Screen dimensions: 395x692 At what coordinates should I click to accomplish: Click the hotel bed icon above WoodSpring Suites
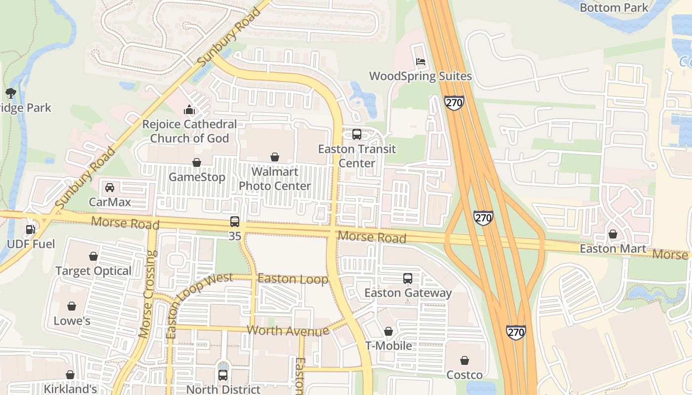tap(420, 62)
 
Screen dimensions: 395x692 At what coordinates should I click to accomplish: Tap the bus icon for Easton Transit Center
tap(356, 134)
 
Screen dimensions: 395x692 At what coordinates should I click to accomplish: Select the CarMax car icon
tap(110, 187)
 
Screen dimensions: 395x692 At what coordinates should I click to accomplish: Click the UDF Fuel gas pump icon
tap(30, 230)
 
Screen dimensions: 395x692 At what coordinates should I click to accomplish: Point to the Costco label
tap(464, 375)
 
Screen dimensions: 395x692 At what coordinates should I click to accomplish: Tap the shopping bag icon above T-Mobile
tap(389, 331)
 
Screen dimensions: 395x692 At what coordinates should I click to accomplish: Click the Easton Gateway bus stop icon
tap(407, 278)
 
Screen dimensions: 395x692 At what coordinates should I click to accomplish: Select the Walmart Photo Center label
tap(275, 179)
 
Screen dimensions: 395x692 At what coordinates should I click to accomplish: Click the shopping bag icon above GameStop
tap(197, 162)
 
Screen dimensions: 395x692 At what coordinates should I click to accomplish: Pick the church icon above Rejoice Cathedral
tap(189, 110)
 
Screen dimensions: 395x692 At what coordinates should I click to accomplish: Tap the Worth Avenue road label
tap(288, 330)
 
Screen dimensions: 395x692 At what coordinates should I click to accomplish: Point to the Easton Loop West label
tap(199, 305)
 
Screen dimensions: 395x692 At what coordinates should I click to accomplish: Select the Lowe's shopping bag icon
tap(72, 306)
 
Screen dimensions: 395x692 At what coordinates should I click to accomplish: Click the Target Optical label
tap(93, 271)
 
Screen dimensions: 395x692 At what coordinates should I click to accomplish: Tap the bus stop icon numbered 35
tap(235, 222)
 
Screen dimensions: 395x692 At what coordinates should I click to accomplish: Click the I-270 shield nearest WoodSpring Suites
tap(454, 103)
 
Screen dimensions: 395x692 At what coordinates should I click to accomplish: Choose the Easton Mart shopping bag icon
tap(613, 234)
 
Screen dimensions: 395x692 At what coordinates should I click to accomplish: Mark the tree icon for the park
tap(10, 93)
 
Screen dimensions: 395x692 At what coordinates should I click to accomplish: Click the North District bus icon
tap(223, 375)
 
